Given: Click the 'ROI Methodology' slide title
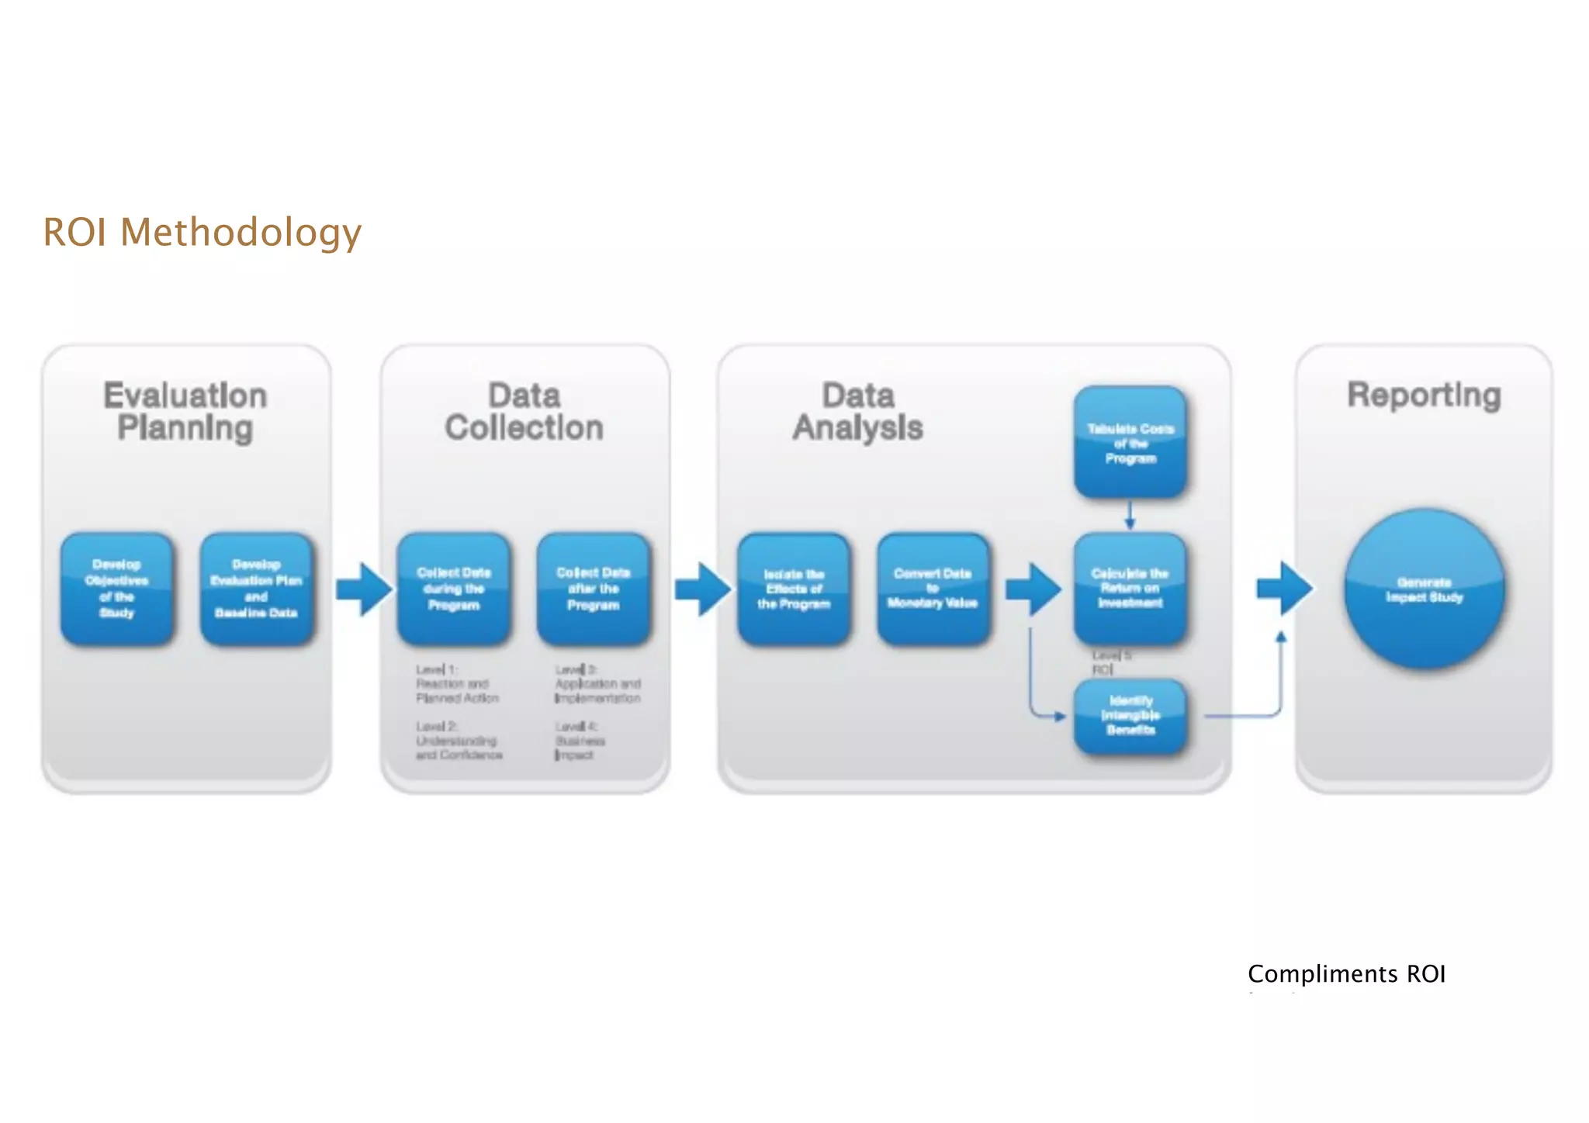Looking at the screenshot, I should click(202, 233).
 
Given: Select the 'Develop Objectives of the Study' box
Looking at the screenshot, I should click(117, 589).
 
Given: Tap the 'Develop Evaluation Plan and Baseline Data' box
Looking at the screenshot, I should click(256, 589).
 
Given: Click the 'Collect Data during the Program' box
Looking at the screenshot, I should click(454, 589).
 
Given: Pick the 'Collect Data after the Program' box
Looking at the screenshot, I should click(594, 589).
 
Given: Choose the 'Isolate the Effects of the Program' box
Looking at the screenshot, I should click(794, 589).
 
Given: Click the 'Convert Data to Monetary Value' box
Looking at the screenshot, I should click(933, 589).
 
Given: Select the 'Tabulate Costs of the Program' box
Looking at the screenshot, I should click(1130, 442).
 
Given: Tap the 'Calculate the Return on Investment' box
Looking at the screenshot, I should click(1130, 589).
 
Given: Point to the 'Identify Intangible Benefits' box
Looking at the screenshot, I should click(1130, 716).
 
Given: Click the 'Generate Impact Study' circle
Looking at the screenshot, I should click(1424, 589).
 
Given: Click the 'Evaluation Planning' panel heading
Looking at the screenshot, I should click(185, 412).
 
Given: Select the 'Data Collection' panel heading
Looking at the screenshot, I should click(524, 412).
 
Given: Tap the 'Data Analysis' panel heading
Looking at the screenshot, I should click(858, 412).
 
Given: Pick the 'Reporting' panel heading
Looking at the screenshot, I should click(1424, 396).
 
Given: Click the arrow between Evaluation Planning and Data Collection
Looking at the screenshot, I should click(364, 589).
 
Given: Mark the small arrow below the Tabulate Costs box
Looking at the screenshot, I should click(1130, 515).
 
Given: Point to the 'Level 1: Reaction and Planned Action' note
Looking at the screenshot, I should click(456, 683).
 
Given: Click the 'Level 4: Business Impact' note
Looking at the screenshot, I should click(580, 741).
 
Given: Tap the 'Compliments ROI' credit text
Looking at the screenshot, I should click(1346, 974).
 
